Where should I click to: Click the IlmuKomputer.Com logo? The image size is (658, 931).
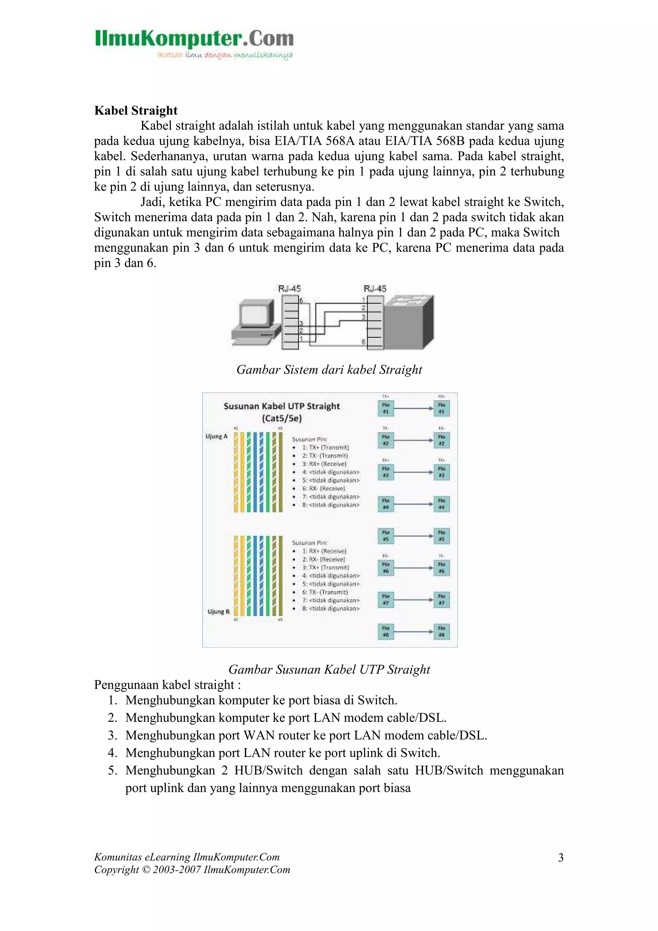coord(194,44)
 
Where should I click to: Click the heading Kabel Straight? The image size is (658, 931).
coord(136,110)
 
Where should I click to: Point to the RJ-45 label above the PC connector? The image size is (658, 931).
coord(289,289)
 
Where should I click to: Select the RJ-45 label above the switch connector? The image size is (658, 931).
coord(375,289)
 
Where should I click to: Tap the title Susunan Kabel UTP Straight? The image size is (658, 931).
coord(282,406)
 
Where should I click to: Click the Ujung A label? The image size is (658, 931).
coord(217,436)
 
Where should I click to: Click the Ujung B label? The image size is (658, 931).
coord(218,611)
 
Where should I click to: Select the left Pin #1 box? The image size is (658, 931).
coord(386,408)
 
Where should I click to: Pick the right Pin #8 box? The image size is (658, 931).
coord(441,631)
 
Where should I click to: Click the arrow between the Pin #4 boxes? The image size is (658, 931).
coord(413,504)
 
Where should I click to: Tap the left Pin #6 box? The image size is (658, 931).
coord(386,568)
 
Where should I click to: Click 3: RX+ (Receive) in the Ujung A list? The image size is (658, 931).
coord(324,464)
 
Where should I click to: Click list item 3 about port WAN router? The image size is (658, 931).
coord(306,735)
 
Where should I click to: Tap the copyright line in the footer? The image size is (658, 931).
coord(192,870)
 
